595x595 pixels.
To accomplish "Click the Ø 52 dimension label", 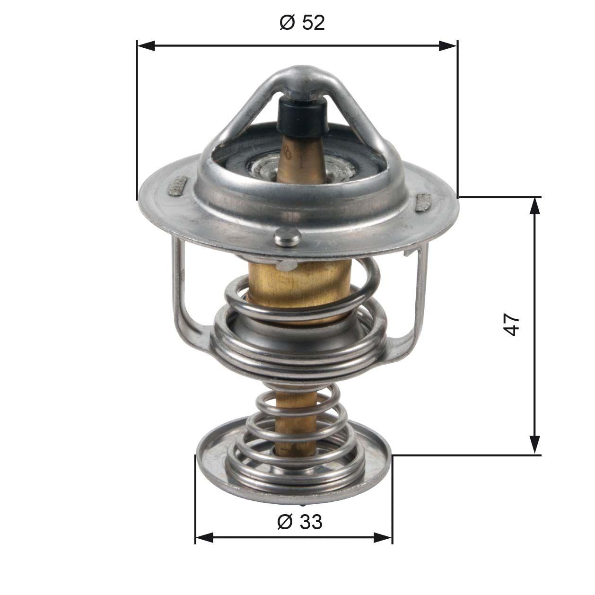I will tap(302, 22).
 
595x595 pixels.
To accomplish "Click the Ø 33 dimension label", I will tap(299, 522).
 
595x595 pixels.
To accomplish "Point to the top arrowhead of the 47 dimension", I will tap(534, 206).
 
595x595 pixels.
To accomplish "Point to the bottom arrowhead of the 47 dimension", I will tap(534, 445).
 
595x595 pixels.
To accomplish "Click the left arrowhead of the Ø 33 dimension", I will tap(204, 537).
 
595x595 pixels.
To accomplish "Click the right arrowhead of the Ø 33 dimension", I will tap(383, 537).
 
